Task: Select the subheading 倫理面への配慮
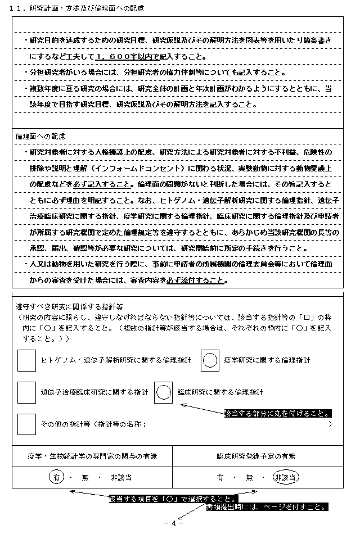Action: [40, 137]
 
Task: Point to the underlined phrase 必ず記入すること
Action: [107, 184]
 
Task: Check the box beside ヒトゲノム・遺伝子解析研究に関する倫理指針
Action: [26, 360]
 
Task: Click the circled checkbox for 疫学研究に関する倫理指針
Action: [210, 360]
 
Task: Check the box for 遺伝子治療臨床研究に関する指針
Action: [26, 392]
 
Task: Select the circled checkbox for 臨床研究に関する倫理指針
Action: [163, 392]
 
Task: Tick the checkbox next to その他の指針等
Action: [26, 424]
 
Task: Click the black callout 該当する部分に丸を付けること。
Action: [277, 413]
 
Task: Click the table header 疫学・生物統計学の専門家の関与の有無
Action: [92, 456]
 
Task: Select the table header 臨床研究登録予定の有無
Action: [255, 456]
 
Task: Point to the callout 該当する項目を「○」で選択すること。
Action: [173, 499]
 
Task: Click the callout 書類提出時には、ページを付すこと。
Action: [267, 506]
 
